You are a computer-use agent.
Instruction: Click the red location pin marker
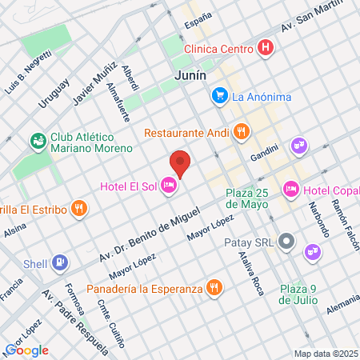(x=181, y=162)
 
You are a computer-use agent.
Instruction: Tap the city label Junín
(x=190, y=74)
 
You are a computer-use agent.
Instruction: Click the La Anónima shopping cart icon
(x=219, y=97)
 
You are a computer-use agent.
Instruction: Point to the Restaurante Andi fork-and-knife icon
(x=239, y=132)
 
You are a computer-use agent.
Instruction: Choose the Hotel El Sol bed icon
(x=168, y=186)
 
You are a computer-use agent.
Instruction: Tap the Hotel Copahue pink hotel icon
(x=291, y=190)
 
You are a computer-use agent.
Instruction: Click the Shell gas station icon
(x=60, y=262)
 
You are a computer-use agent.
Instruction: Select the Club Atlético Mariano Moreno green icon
(x=37, y=142)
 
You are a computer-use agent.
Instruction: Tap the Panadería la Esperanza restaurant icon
(x=214, y=287)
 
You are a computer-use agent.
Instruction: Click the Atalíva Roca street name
(x=251, y=273)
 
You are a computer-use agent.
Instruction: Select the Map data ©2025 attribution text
(x=326, y=354)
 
